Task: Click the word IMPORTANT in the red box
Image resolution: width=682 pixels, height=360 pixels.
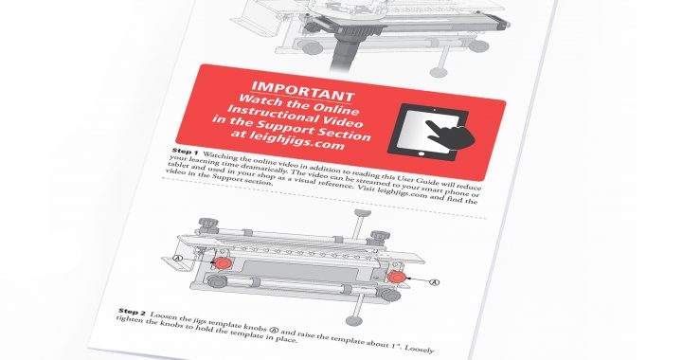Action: (303, 90)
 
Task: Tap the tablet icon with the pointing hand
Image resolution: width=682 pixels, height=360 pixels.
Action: (431, 132)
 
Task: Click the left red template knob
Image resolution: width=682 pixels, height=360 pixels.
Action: (223, 262)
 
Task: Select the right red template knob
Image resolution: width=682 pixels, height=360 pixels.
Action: (396, 277)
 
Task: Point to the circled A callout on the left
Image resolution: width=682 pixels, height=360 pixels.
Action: (177, 258)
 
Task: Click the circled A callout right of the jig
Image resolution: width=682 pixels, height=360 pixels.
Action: (434, 282)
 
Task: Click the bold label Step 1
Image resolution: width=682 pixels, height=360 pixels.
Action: (185, 152)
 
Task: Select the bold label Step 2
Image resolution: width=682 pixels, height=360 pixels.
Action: (132, 312)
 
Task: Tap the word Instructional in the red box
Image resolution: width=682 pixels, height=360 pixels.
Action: (268, 113)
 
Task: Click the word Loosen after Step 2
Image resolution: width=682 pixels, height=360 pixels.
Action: (163, 316)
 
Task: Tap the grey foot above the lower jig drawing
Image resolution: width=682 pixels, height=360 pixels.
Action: (363, 212)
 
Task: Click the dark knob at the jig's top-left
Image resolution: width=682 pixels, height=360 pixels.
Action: (205, 225)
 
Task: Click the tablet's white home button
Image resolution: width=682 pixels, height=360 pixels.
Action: (421, 153)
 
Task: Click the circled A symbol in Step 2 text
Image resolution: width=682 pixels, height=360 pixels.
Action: (274, 330)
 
